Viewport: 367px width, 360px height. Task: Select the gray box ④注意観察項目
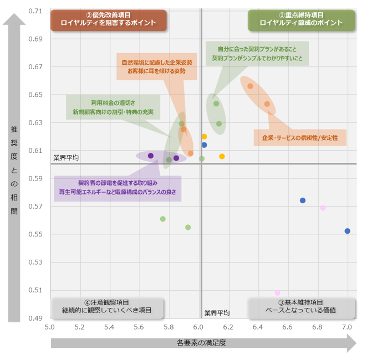pyautogui.click(x=107, y=307)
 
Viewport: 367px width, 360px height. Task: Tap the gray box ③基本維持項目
pyautogui.click(x=300, y=307)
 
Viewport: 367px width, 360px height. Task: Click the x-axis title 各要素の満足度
pyautogui.click(x=201, y=343)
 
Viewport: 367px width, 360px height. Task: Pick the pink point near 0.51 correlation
pyautogui.click(x=277, y=292)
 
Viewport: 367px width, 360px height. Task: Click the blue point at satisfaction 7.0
pyautogui.click(x=347, y=231)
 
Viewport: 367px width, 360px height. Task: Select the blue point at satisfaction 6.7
pyautogui.click(x=303, y=200)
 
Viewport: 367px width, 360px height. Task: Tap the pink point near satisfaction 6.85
pyautogui.click(x=323, y=208)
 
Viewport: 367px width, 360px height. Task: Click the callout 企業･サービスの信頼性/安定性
pyautogui.click(x=300, y=137)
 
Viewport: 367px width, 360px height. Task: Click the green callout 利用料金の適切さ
pyautogui.click(x=113, y=107)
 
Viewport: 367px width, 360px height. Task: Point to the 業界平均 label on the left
pyautogui.click(x=66, y=158)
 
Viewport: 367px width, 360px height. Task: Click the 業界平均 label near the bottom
pyautogui.click(x=216, y=313)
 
